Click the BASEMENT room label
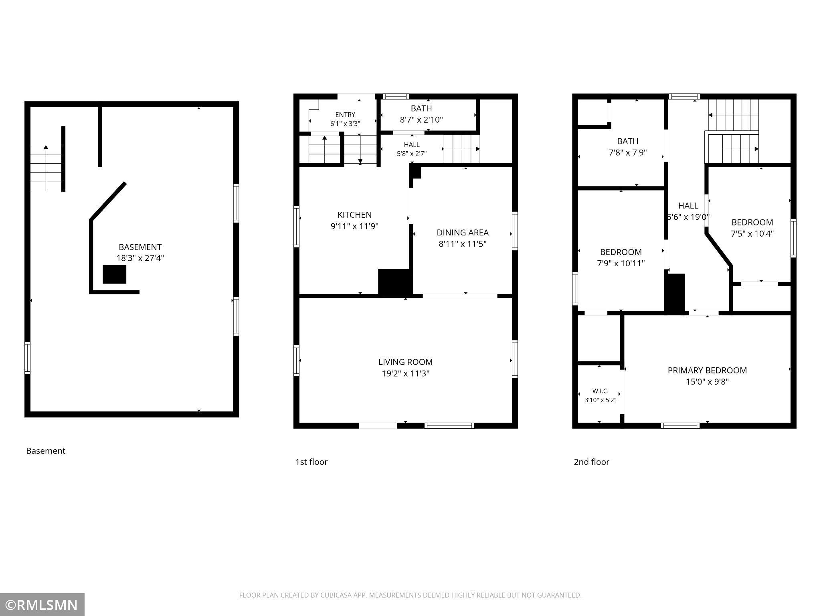tap(140, 247)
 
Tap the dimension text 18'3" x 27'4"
tap(140, 258)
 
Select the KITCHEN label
tap(354, 215)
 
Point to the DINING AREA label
tap(463, 233)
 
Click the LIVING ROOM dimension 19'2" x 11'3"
tap(405, 373)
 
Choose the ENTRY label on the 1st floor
tap(345, 115)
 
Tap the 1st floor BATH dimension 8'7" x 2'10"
tap(421, 120)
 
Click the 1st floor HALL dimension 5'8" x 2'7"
tap(412, 153)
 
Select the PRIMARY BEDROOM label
tap(707, 370)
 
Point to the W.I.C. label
tap(600, 391)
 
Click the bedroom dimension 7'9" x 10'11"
tap(621, 263)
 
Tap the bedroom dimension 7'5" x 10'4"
tap(752, 234)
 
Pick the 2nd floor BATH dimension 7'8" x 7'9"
tap(627, 152)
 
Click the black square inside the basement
tap(115, 274)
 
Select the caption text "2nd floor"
tap(591, 462)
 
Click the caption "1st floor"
tap(311, 462)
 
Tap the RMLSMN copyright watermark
tap(42, 605)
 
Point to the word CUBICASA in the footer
tap(336, 595)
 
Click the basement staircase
tap(46, 168)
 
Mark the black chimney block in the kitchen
tap(395, 282)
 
